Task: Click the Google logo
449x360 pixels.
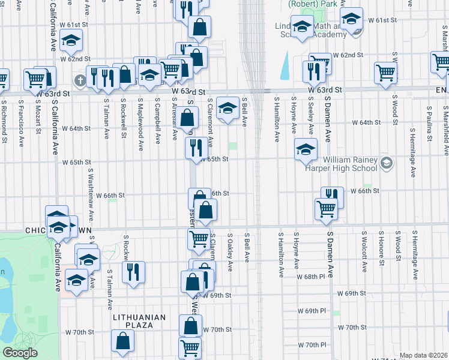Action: pos(20,353)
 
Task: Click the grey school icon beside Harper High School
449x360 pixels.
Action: pos(387,162)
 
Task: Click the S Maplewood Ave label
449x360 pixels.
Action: pos(140,117)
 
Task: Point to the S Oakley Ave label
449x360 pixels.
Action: pos(231,252)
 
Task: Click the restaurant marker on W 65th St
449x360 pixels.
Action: pos(196,148)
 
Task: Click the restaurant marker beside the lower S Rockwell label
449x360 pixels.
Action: pos(134,271)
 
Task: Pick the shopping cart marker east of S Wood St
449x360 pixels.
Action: pos(385,73)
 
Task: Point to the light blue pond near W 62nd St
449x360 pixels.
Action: pos(285,65)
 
